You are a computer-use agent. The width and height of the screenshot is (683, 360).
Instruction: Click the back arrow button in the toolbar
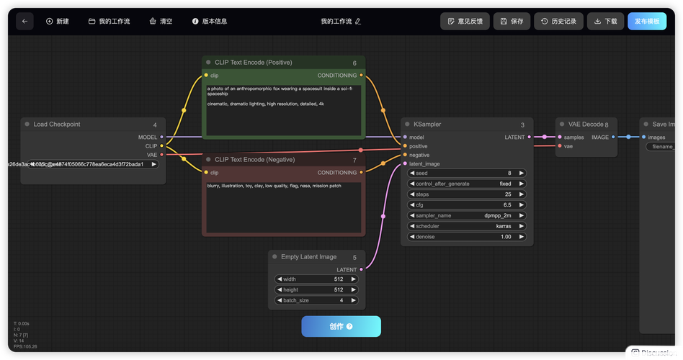(24, 22)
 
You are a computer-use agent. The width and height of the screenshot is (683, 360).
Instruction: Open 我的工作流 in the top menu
(110, 22)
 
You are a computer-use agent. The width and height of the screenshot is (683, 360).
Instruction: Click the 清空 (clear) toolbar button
(161, 22)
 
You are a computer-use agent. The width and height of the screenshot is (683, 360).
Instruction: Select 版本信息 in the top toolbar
(210, 22)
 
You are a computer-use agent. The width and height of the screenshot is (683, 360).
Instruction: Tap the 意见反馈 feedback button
(465, 22)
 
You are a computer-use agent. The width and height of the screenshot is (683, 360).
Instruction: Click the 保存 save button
(512, 22)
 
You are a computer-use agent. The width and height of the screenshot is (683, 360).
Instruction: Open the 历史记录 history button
(558, 22)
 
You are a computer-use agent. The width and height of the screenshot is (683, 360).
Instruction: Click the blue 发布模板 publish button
(646, 22)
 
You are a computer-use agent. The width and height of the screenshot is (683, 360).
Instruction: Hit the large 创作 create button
(341, 326)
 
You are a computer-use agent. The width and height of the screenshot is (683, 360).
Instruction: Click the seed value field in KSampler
(466, 173)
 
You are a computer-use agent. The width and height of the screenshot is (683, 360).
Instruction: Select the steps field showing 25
(466, 194)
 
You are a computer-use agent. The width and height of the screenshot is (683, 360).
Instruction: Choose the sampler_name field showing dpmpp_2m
(466, 215)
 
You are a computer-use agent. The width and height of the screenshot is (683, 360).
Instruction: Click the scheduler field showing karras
(466, 226)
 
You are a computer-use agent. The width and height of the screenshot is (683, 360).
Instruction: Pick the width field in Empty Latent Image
(316, 279)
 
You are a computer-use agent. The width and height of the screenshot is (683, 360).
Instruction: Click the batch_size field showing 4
(316, 300)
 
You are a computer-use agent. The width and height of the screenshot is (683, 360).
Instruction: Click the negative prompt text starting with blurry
(274, 186)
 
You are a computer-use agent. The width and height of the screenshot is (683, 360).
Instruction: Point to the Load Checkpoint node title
(57, 125)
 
